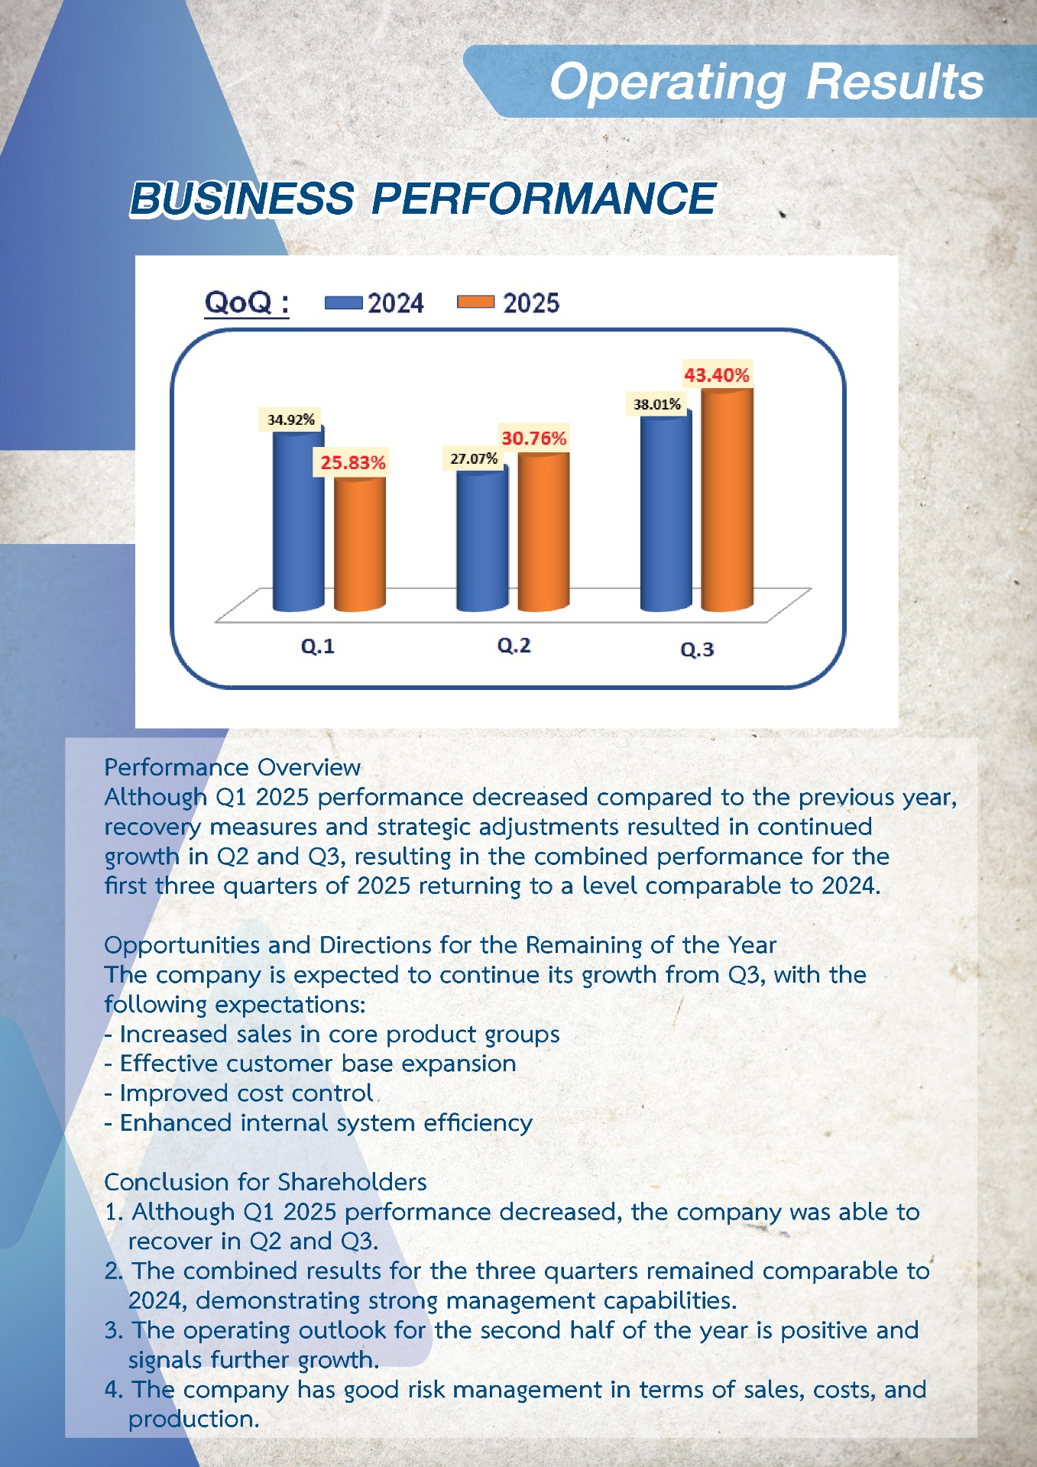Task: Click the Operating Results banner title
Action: [x=766, y=81]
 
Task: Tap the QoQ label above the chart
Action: [x=246, y=303]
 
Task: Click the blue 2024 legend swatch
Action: [x=343, y=303]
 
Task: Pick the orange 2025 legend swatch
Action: [x=475, y=302]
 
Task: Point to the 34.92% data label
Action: [x=290, y=419]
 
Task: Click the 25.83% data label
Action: [x=352, y=462]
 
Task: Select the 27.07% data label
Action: [x=474, y=458]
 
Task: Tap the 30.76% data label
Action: [x=533, y=438]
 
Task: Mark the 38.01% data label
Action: [x=656, y=404]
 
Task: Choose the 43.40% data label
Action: [x=716, y=375]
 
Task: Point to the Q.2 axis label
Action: [x=514, y=646]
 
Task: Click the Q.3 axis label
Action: [x=697, y=649]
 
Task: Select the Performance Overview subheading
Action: [x=232, y=767]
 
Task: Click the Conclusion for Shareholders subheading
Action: [x=265, y=1182]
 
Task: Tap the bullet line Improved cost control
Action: [x=238, y=1093]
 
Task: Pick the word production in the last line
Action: [x=193, y=1419]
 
